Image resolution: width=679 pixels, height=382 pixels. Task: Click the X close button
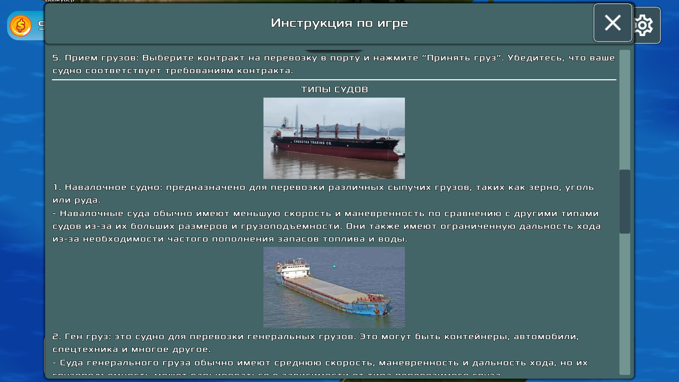613,23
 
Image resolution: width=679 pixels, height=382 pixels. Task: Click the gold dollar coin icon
21,25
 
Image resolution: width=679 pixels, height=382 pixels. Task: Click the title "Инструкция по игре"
339,23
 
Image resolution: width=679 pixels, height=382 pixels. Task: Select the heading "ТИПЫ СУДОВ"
334,89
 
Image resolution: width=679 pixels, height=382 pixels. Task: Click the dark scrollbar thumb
625,202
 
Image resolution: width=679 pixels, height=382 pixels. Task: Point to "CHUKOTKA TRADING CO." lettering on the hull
313,143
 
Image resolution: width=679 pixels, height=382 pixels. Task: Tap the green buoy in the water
334,266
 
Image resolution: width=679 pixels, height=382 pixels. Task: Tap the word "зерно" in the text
545,187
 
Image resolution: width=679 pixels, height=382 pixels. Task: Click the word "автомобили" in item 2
546,337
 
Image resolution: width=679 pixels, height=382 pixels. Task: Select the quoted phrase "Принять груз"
461,58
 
